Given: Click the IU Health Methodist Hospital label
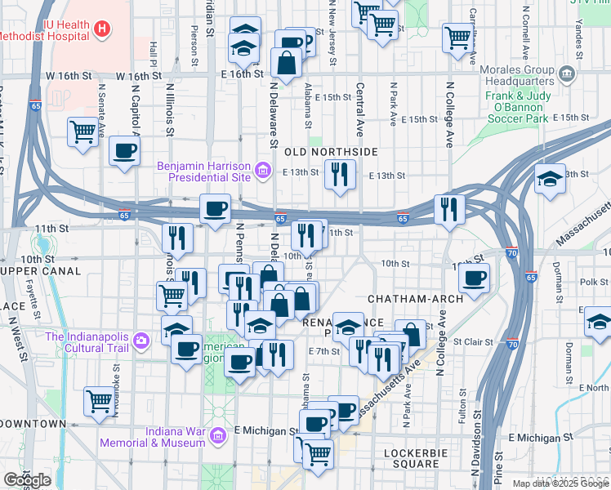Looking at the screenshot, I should click(45, 30).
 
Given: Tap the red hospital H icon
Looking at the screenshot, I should click(102, 30).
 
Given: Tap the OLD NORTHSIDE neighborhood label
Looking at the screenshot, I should click(331, 153).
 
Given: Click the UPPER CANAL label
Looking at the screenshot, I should click(41, 270).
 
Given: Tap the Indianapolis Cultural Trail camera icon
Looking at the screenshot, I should click(141, 339).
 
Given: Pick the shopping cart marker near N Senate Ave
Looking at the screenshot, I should click(83, 131).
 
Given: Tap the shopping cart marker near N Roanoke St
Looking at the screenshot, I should click(99, 400).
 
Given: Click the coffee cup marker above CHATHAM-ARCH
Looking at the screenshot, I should click(473, 278).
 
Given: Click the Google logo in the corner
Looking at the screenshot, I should click(27, 480).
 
